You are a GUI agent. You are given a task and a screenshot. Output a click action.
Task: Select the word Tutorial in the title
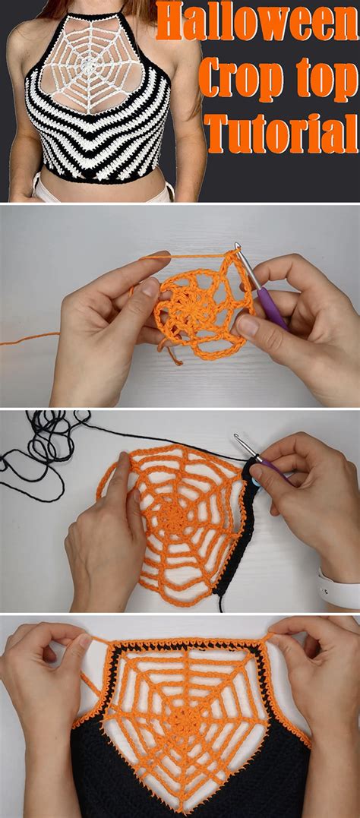tap(281, 133)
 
